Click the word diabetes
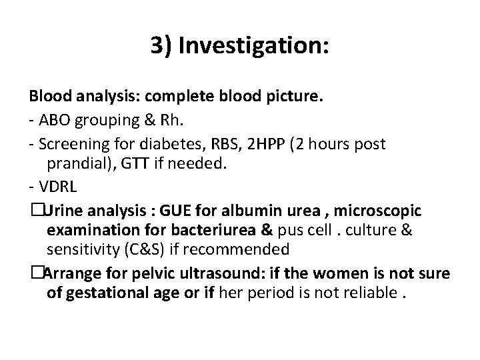161,144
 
